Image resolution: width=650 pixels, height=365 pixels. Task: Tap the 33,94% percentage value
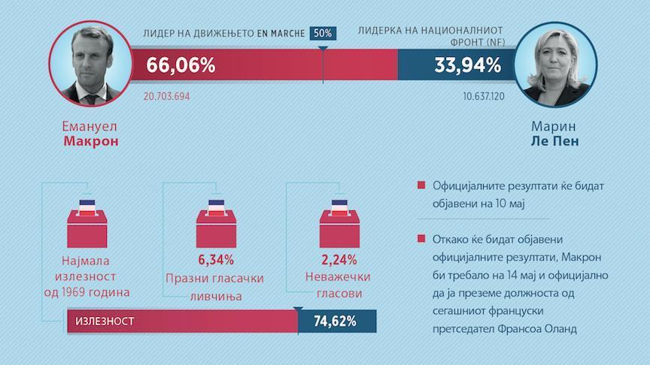[x=467, y=65]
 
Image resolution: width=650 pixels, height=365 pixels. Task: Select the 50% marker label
[x=323, y=33]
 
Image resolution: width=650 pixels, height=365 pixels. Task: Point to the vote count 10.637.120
[x=483, y=98]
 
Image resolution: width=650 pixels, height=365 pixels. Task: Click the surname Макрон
[x=91, y=141]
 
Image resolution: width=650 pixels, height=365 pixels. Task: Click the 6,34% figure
[x=216, y=261]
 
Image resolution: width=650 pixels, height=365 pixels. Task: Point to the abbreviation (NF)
[x=479, y=43]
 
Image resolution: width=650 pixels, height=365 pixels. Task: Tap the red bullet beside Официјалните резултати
[x=419, y=186]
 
